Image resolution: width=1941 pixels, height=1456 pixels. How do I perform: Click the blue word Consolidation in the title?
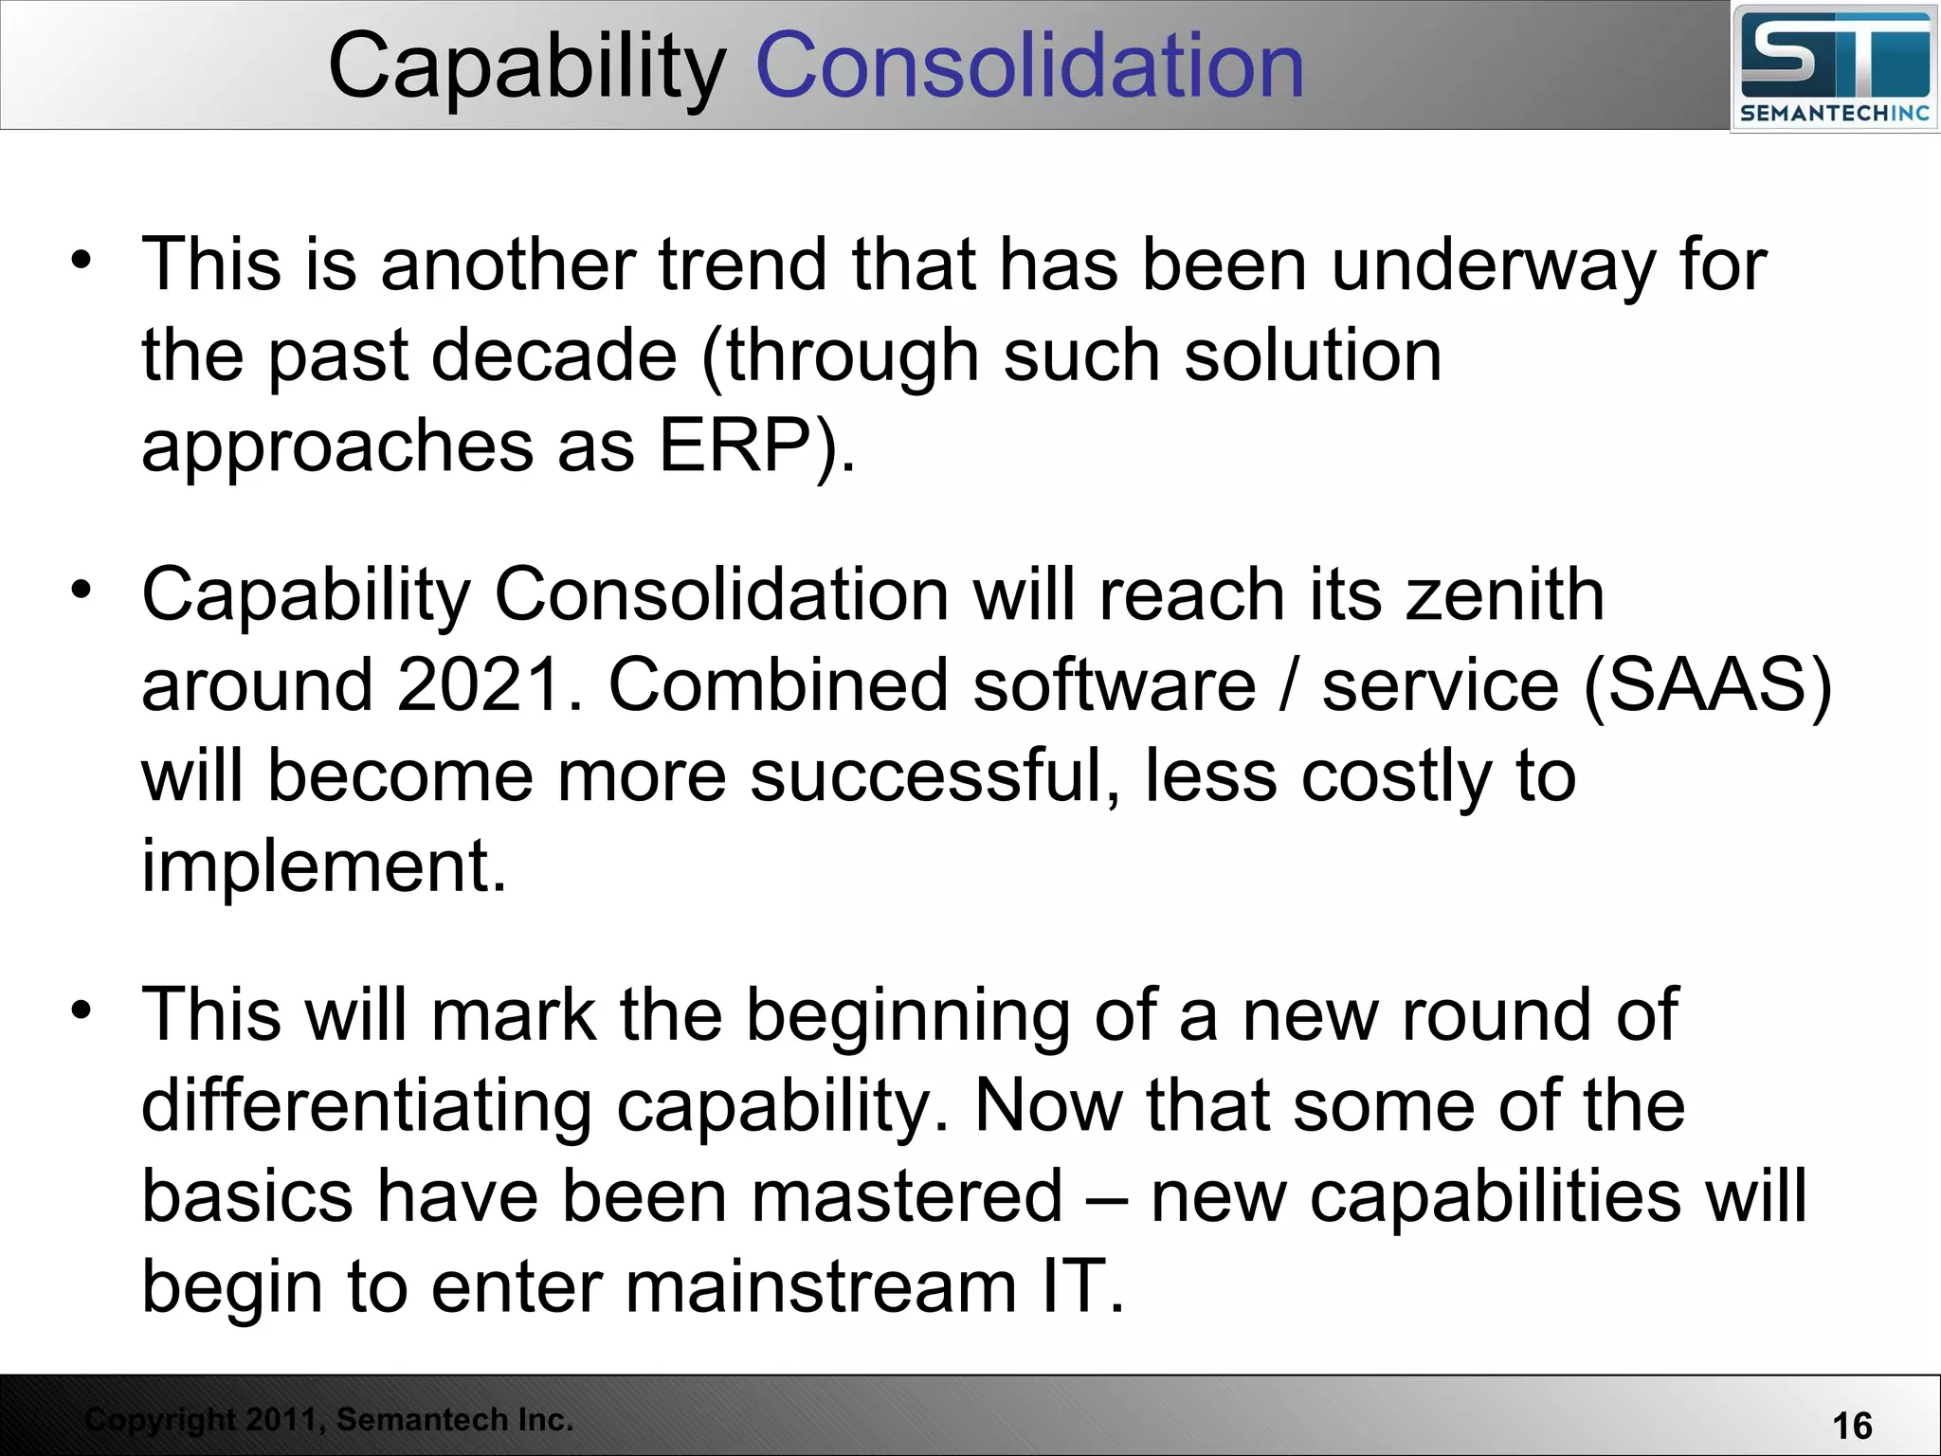coord(1029,66)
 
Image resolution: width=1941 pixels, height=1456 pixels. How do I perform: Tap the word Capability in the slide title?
coord(527,66)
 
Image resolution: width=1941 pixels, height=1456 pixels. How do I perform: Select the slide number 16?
coord(1852,1426)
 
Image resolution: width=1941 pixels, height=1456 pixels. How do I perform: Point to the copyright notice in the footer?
coord(329,1419)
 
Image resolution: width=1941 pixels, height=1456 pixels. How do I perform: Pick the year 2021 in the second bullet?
coord(480,684)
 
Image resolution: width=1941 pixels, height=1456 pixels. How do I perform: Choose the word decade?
coord(554,355)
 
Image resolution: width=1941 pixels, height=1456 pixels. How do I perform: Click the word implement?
coord(323,865)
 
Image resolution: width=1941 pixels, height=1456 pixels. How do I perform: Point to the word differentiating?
coord(368,1105)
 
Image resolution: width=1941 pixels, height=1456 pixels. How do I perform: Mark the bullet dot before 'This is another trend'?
coord(82,259)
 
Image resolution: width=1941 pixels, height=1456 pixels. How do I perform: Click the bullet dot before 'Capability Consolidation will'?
coord(82,589)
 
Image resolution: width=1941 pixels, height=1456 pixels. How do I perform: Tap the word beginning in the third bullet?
coord(907,1015)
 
